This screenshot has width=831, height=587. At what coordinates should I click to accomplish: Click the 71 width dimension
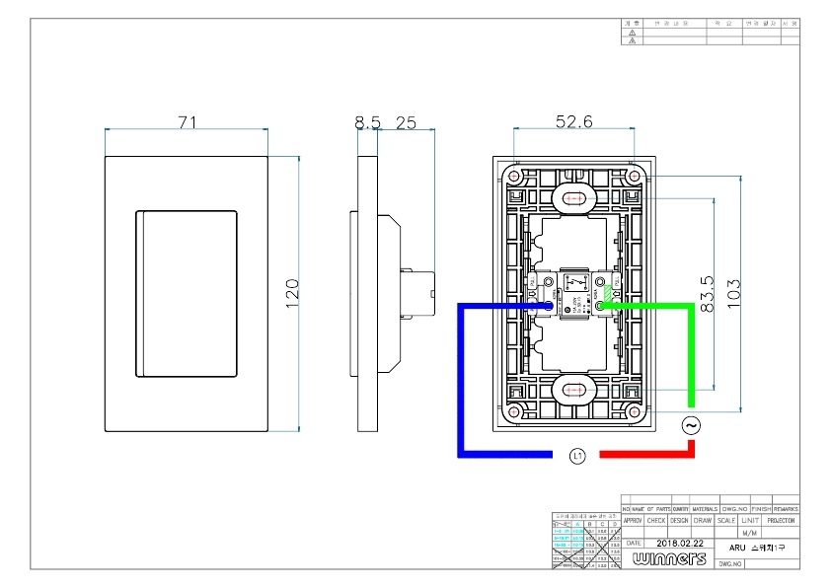[188, 122]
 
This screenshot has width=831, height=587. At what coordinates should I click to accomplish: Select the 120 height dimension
[291, 293]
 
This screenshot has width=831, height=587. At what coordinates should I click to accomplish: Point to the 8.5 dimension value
[367, 122]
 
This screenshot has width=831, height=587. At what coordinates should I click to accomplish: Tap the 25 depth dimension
[406, 122]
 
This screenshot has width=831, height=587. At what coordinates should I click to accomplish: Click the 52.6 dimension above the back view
[573, 122]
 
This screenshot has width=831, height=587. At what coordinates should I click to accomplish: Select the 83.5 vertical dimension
[705, 293]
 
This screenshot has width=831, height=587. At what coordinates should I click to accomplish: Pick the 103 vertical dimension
[732, 293]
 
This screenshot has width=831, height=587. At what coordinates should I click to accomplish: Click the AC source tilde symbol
[691, 425]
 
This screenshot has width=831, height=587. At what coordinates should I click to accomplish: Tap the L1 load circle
[577, 455]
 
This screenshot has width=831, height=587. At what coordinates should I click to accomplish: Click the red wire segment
[646, 454]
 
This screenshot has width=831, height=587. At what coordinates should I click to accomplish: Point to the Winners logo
[671, 559]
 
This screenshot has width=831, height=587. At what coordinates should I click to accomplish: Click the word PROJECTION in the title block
[780, 520]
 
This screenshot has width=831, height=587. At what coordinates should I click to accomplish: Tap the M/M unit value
[749, 532]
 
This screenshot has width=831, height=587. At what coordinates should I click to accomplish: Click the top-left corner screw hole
[514, 175]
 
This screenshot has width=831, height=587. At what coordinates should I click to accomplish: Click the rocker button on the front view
[186, 293]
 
